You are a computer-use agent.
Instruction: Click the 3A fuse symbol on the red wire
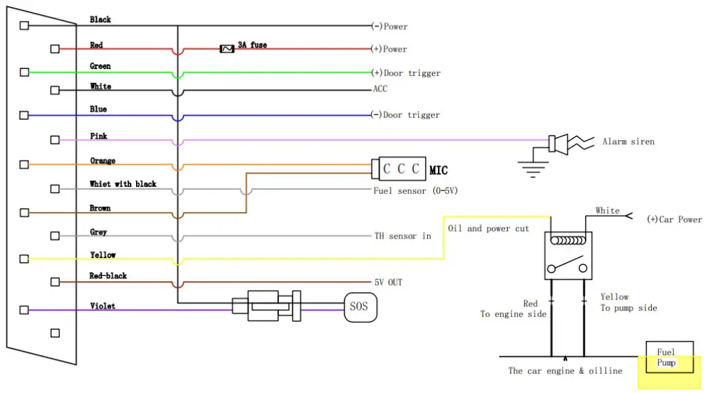[x=227, y=49]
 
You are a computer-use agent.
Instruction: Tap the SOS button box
[x=359, y=307]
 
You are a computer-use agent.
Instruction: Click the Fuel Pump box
[x=669, y=356]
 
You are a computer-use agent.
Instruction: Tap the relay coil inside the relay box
[x=567, y=241]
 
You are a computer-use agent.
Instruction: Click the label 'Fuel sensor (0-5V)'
[x=416, y=191]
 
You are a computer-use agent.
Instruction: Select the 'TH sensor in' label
[x=403, y=236]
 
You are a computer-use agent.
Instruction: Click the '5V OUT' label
[x=388, y=282]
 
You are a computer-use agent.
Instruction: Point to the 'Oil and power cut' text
[x=488, y=228]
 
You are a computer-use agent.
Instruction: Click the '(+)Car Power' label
[x=674, y=220]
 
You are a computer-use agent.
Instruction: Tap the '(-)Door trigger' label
[x=405, y=115]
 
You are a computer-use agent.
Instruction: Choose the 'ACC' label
[x=380, y=89]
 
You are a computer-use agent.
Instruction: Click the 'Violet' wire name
[x=102, y=306]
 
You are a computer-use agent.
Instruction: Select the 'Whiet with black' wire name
[x=123, y=184]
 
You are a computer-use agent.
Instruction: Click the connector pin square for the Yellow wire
[x=24, y=258]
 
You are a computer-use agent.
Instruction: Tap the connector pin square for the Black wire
[x=24, y=26]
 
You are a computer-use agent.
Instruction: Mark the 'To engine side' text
[x=512, y=314]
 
